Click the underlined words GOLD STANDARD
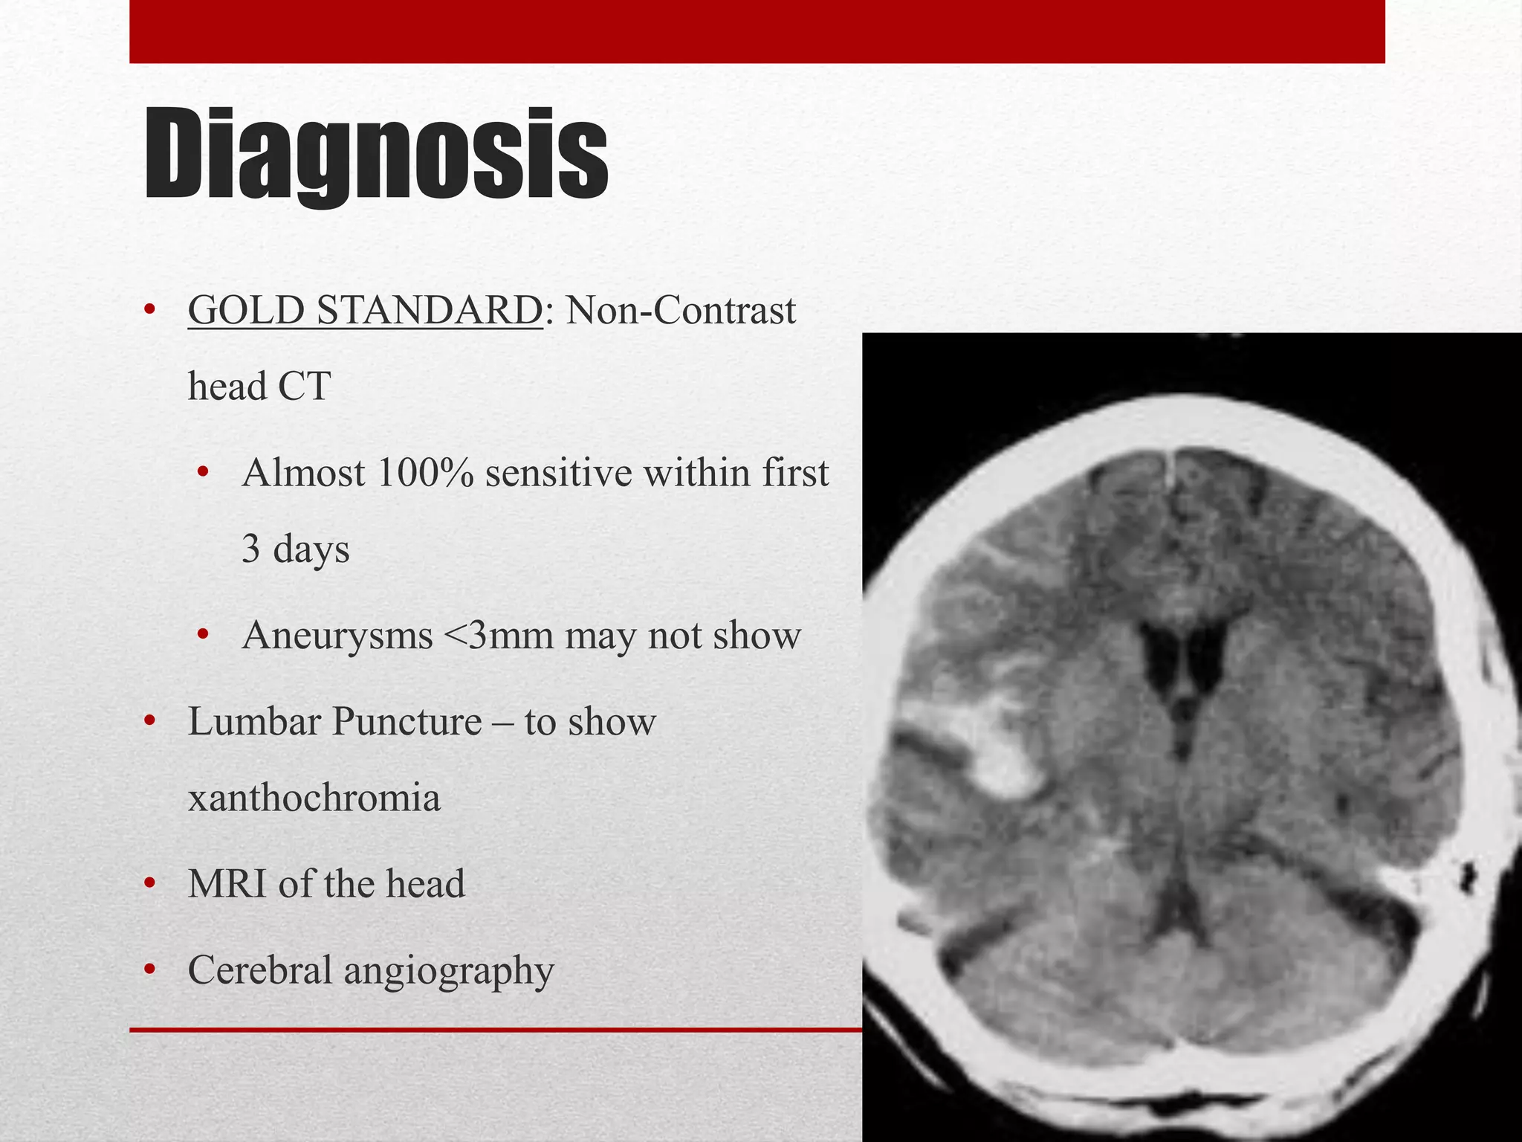[x=365, y=311]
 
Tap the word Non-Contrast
[x=680, y=311]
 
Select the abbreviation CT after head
[x=303, y=387]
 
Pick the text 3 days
[x=295, y=549]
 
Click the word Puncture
[x=407, y=722]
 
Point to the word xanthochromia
[x=314, y=799]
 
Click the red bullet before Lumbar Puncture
[x=149, y=721]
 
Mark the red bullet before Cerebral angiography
[x=149, y=970]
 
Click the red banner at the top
[x=757, y=31]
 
